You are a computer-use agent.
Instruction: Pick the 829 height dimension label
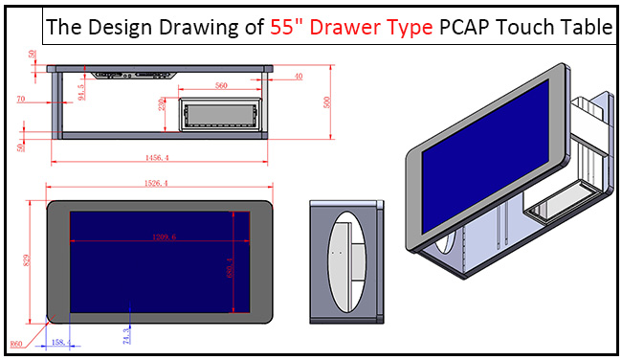coord(27,259)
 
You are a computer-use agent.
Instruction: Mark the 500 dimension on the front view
coord(326,101)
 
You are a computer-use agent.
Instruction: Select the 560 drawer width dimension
coord(221,85)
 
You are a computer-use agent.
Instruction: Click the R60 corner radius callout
coord(16,341)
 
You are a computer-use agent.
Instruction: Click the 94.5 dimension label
coord(80,92)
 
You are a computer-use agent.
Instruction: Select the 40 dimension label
coord(300,76)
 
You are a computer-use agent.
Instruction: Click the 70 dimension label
coord(20,98)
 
